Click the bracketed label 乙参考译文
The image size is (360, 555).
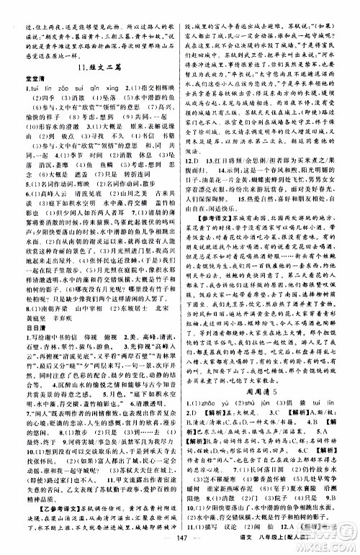point(38,482)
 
